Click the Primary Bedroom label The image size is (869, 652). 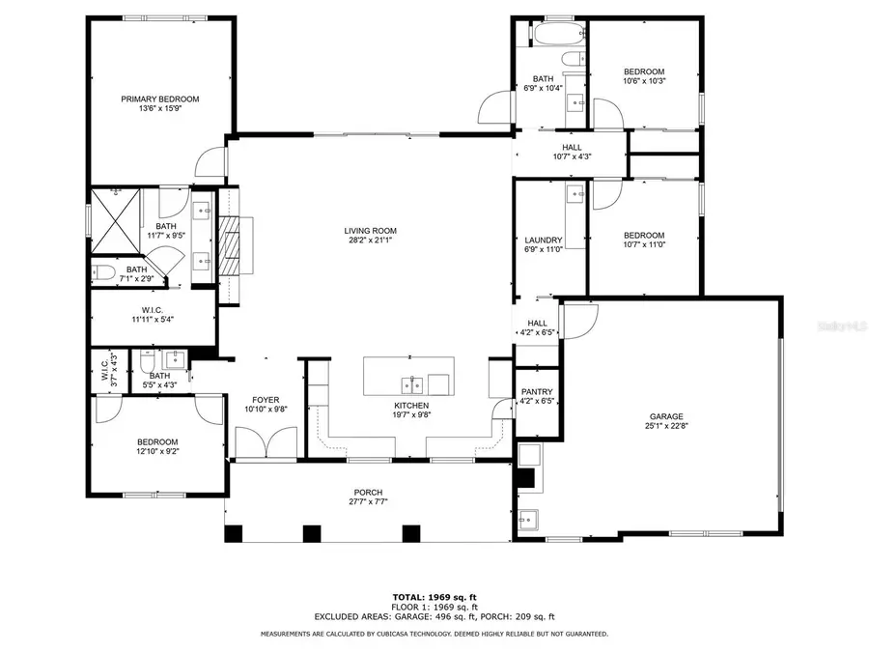point(159,99)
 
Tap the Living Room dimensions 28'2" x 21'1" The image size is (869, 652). point(371,241)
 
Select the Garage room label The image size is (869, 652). point(666,416)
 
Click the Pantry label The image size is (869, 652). point(535,392)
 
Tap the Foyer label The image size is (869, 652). point(266,399)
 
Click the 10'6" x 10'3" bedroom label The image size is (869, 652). point(644,71)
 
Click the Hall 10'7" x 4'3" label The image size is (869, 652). point(573,147)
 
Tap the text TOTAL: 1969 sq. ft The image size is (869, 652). point(434,596)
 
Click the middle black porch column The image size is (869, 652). point(311,533)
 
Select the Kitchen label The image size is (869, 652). point(411,406)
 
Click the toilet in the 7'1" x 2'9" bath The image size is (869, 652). point(103,271)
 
